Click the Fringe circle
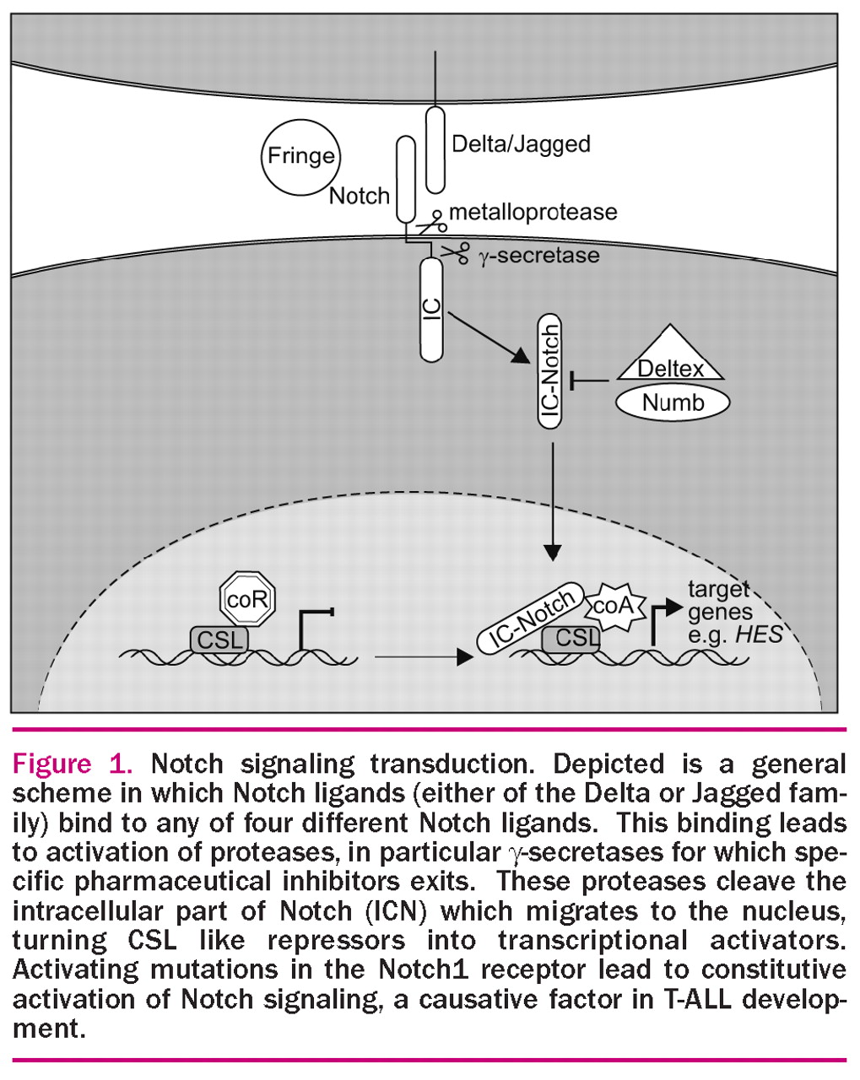point(300,156)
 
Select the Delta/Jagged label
point(521,143)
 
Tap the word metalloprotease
point(533,212)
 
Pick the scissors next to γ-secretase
point(456,251)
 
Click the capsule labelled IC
point(432,310)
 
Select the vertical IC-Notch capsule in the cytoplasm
point(551,371)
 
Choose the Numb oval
point(673,402)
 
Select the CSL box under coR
point(219,639)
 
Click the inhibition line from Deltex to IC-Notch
point(591,382)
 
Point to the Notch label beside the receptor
point(359,196)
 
